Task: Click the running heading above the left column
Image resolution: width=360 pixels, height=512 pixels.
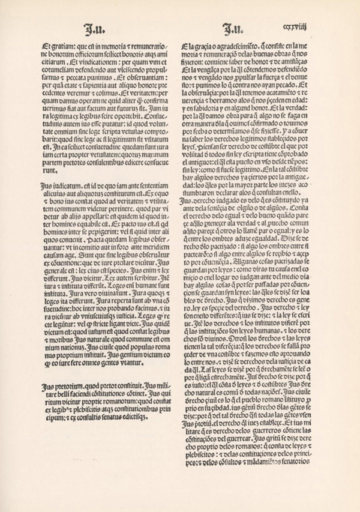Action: pos(91,27)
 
